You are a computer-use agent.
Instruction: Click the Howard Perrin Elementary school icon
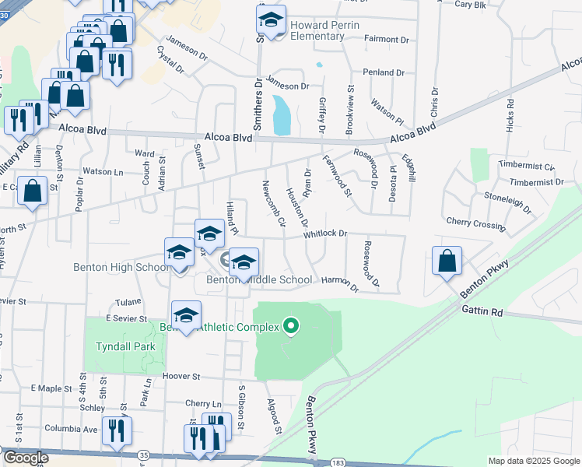point(271,21)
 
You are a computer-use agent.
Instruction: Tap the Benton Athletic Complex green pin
point(292,325)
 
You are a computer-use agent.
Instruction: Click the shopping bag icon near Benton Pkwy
point(447,262)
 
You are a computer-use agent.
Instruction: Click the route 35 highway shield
point(143,454)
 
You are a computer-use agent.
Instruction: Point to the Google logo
point(25,458)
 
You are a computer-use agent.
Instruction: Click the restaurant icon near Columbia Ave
point(116,430)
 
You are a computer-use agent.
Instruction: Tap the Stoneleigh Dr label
point(508,203)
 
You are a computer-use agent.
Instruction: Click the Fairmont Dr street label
point(387,39)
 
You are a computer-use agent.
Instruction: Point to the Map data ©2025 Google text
point(533,461)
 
